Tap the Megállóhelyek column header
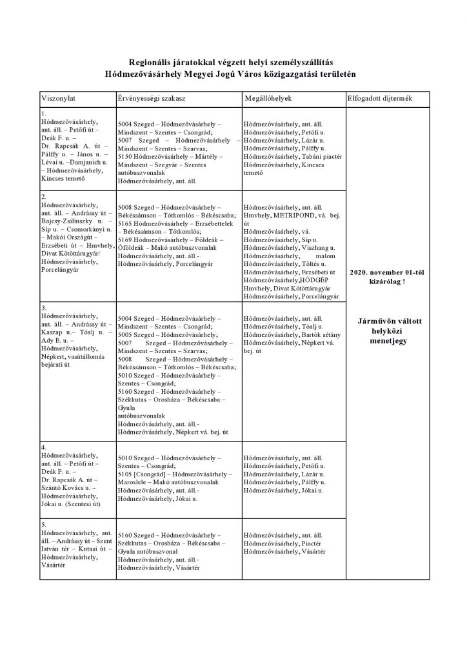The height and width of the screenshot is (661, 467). coord(269,98)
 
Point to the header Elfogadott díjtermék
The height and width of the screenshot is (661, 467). coord(379,98)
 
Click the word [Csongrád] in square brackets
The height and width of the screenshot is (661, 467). coord(151,474)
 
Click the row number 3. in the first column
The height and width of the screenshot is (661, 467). coord(43,308)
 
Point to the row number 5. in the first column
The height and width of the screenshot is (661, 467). coord(43,524)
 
